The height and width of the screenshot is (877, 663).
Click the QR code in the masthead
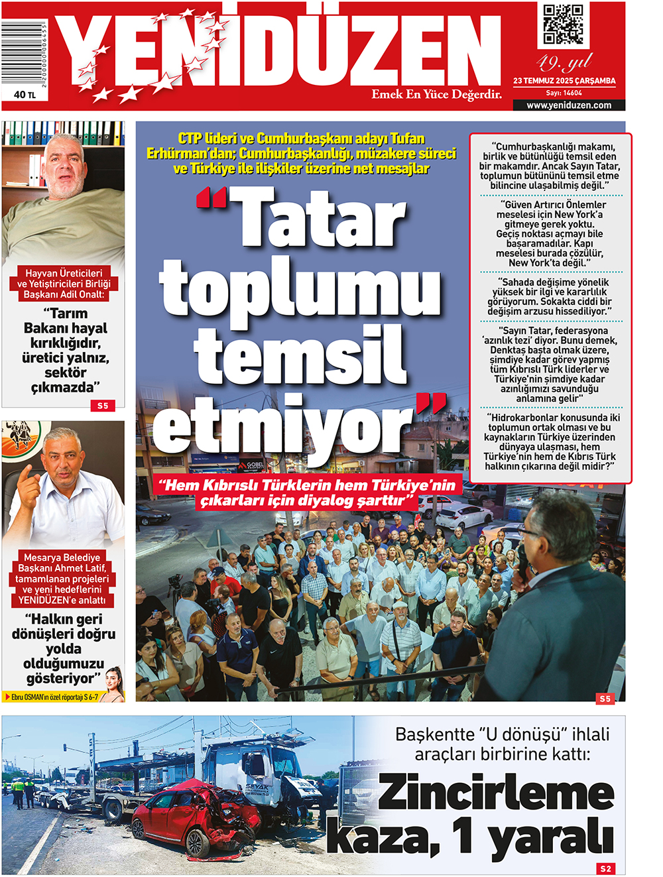pyautogui.click(x=563, y=25)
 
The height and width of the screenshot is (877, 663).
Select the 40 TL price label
pyautogui.click(x=25, y=95)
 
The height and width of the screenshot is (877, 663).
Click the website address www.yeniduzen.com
pyautogui.click(x=569, y=105)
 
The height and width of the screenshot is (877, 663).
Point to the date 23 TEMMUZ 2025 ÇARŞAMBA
pyautogui.click(x=564, y=81)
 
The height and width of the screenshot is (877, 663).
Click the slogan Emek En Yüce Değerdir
pyautogui.click(x=436, y=94)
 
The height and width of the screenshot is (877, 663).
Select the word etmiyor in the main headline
pyautogui.click(x=285, y=427)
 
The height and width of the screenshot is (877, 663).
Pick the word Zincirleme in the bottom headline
pyautogui.click(x=496, y=793)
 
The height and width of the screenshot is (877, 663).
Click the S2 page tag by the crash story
pyautogui.click(x=606, y=868)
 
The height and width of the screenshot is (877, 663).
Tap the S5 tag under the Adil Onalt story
pyautogui.click(x=103, y=406)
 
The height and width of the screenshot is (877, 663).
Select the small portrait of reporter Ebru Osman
pyautogui.click(x=114, y=685)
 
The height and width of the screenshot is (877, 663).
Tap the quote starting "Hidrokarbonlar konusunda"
pyautogui.click(x=551, y=442)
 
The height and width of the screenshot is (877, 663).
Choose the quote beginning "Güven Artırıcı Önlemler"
pyautogui.click(x=551, y=233)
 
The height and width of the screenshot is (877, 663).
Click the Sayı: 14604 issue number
pyautogui.click(x=564, y=93)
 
